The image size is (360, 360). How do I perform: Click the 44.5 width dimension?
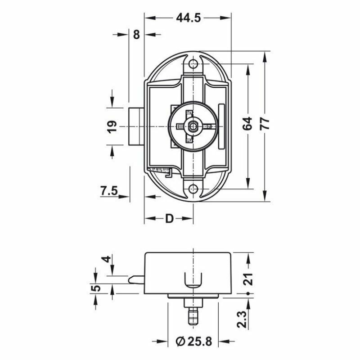tap(188, 18)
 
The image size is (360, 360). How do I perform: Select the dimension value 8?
tap(136, 34)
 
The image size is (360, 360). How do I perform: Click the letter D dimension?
tap(169, 219)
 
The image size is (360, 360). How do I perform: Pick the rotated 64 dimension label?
tap(247, 124)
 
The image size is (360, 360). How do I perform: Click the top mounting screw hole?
tap(193, 64)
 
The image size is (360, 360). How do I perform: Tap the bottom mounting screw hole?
tap(193, 189)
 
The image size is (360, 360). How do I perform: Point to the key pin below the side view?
tap(193, 313)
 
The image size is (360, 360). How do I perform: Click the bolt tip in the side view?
tap(135, 279)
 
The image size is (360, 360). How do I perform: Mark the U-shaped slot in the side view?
tap(193, 280)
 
